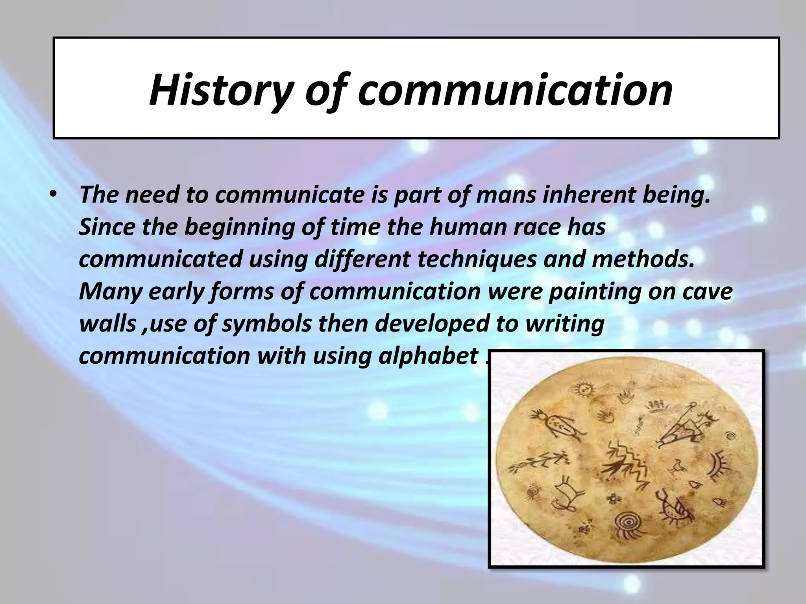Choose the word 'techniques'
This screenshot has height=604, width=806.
477,260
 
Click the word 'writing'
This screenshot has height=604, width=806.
565,324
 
